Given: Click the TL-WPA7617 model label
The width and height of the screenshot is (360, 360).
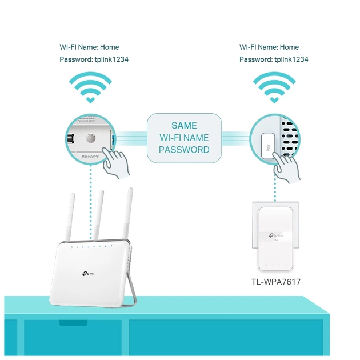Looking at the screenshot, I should pyautogui.click(x=276, y=282).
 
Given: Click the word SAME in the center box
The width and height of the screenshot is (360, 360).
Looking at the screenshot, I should pyautogui.click(x=184, y=125).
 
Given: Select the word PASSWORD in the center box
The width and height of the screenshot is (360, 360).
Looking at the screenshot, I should pyautogui.click(x=184, y=150).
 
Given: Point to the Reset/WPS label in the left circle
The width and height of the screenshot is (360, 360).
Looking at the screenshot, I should pyautogui.click(x=92, y=155).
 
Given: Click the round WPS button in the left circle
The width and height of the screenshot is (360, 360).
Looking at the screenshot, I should pyautogui.click(x=90, y=138).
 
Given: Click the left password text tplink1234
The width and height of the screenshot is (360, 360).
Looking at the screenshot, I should pyautogui.click(x=109, y=59).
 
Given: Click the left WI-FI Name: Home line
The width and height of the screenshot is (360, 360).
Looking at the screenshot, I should pyautogui.click(x=90, y=47).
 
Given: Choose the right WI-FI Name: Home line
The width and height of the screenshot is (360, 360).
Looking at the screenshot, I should pyautogui.click(x=269, y=47).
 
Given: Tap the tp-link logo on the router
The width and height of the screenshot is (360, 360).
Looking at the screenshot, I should pyautogui.click(x=91, y=275).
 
